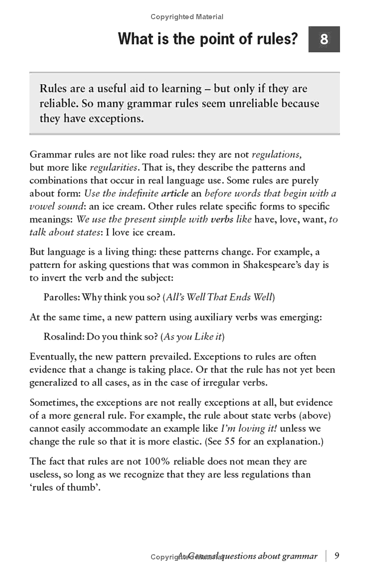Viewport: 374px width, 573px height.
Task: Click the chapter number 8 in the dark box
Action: click(324, 39)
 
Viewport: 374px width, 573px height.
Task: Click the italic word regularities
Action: click(115, 167)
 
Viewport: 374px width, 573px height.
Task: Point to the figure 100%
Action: click(157, 462)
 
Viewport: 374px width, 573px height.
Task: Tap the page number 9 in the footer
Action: click(337, 556)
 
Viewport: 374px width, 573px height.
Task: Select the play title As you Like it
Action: click(192, 337)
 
